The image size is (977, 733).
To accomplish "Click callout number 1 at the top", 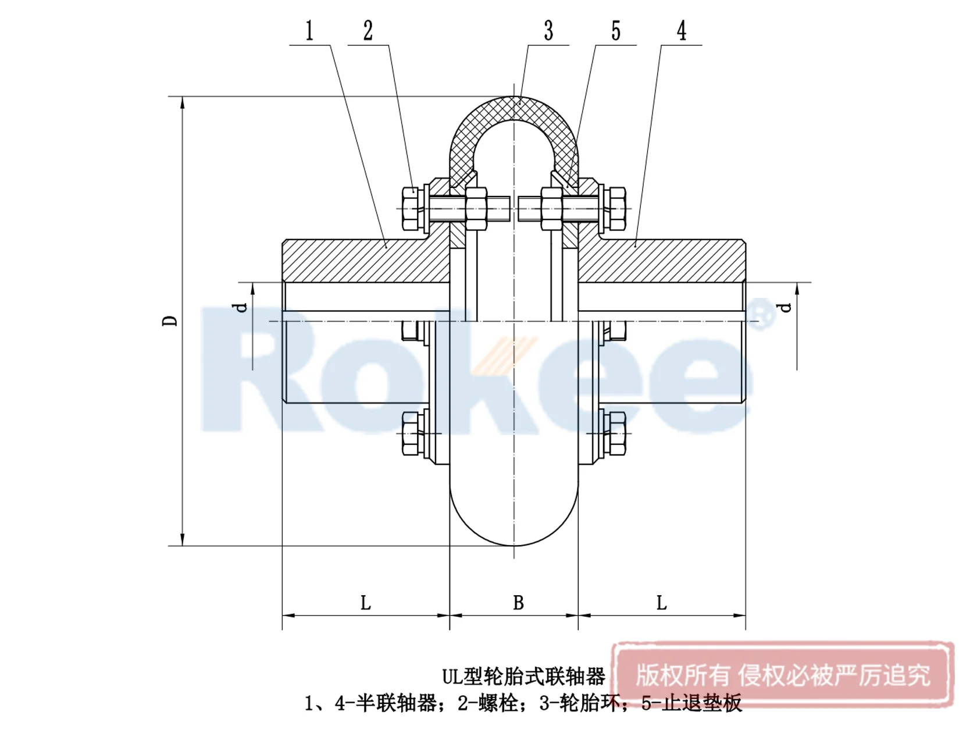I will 309,31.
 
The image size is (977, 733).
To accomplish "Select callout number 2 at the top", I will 368,31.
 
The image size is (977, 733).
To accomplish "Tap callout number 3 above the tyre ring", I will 548,31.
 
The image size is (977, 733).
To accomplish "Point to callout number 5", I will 616,31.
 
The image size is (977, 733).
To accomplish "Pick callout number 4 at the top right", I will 682,31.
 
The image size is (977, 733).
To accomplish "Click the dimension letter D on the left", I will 170,321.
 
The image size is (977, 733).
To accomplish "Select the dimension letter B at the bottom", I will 518,603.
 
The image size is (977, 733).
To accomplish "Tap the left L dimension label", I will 365,603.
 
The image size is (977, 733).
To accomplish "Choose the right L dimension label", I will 661,603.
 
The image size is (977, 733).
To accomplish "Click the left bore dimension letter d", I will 241,307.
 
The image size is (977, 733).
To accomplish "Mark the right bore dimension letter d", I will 786,307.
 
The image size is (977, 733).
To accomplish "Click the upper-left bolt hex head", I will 412,208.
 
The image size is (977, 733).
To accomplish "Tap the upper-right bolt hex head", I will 616,208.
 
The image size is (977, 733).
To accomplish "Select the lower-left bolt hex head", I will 412,433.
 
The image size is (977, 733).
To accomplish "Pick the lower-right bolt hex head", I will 616,433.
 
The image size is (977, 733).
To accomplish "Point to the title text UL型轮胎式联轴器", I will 523,677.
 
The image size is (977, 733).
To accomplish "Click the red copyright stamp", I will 783,675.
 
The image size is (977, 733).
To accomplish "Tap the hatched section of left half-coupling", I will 361,261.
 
